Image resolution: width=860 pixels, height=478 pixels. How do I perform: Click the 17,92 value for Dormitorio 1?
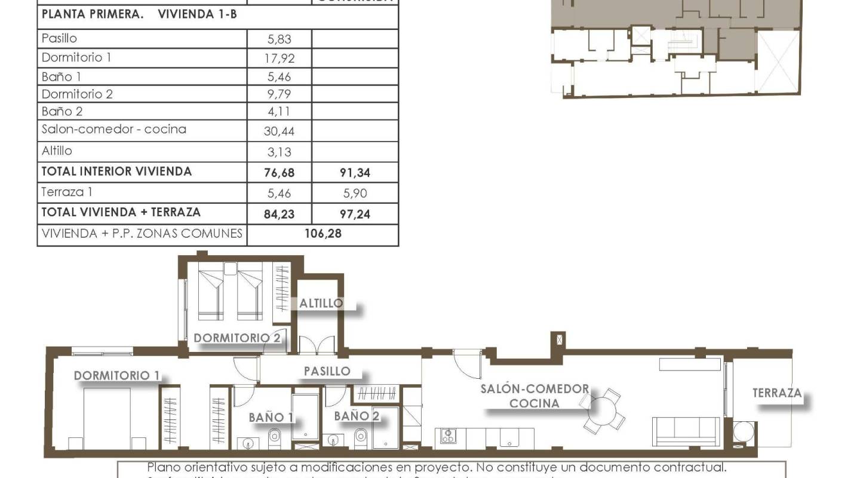pyautogui.click(x=280, y=59)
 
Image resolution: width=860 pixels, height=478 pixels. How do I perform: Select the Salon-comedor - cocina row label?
pyautogui.click(x=113, y=129)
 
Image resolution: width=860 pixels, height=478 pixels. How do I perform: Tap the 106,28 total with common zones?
pyautogui.click(x=322, y=234)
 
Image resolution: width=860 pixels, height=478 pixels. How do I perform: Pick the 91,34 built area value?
pyautogui.click(x=355, y=173)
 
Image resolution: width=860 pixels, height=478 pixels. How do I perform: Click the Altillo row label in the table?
pyautogui.click(x=57, y=151)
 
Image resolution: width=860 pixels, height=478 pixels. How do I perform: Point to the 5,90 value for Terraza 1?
pyautogui.click(x=355, y=193)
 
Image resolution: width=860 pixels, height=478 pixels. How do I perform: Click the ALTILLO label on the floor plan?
pyautogui.click(x=321, y=303)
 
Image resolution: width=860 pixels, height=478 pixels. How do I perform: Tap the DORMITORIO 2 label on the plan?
pyautogui.click(x=237, y=338)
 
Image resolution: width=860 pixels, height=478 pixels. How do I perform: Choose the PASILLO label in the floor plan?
pyautogui.click(x=327, y=371)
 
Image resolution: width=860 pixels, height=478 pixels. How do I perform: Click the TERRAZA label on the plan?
pyautogui.click(x=776, y=393)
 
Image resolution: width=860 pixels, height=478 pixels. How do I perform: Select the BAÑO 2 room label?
pyautogui.click(x=357, y=416)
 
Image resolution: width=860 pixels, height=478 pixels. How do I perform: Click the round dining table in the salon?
pyautogui.click(x=603, y=411)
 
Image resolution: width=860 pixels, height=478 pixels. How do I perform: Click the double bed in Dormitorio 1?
pyautogui.click(x=107, y=418)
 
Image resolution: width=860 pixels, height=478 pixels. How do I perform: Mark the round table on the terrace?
pyautogui.click(x=743, y=432)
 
